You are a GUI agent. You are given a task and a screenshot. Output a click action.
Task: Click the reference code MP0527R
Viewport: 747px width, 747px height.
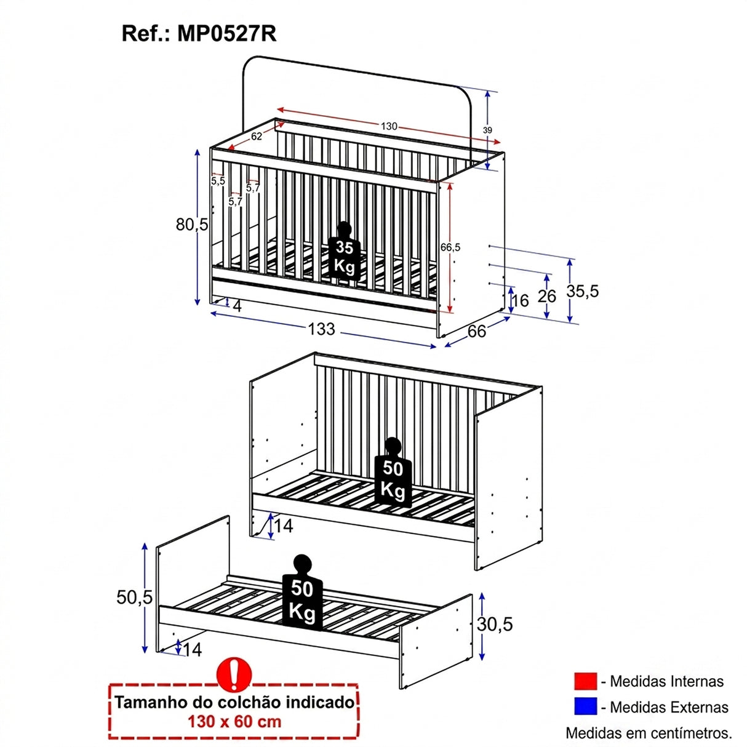pyautogui.click(x=227, y=34)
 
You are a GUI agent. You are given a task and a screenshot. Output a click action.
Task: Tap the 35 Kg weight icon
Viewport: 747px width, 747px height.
pyautogui.click(x=344, y=251)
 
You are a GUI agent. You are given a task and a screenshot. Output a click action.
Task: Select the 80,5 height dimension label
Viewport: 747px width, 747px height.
pyautogui.click(x=192, y=225)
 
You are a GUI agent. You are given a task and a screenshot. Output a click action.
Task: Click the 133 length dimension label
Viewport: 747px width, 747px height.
pyautogui.click(x=321, y=329)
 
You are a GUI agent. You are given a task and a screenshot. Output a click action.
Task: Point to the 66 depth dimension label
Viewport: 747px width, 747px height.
pyautogui.click(x=476, y=332)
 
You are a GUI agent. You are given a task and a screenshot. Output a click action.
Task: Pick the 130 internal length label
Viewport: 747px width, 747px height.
pyautogui.click(x=389, y=126)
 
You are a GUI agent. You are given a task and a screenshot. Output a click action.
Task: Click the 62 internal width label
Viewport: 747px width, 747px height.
pyautogui.click(x=257, y=136)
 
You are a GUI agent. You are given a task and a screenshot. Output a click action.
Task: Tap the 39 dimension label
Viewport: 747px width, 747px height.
pyautogui.click(x=487, y=130)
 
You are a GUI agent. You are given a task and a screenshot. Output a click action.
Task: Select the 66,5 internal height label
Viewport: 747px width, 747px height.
pyautogui.click(x=450, y=247)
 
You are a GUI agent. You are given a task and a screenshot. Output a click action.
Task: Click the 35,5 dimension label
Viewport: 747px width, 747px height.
pyautogui.click(x=583, y=290)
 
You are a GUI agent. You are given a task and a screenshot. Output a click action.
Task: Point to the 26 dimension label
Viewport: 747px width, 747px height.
pyautogui.click(x=547, y=296)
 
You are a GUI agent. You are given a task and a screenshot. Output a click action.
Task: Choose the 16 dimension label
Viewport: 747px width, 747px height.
pyautogui.click(x=520, y=300)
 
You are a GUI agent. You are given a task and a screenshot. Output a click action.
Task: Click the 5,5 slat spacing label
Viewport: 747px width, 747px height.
pyautogui.click(x=218, y=181)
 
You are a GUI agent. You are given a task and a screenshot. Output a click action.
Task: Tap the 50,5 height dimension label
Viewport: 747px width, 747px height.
pyautogui.click(x=135, y=597)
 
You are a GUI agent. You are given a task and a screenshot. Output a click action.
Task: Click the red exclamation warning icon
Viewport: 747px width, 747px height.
pyautogui.click(x=234, y=674)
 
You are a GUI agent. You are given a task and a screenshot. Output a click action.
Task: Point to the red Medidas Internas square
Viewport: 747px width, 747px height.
pyautogui.click(x=585, y=682)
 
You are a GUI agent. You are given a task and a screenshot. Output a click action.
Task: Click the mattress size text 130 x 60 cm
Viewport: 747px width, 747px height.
pyautogui.click(x=234, y=721)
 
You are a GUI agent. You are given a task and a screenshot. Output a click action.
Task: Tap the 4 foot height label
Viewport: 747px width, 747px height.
pyautogui.click(x=238, y=306)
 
